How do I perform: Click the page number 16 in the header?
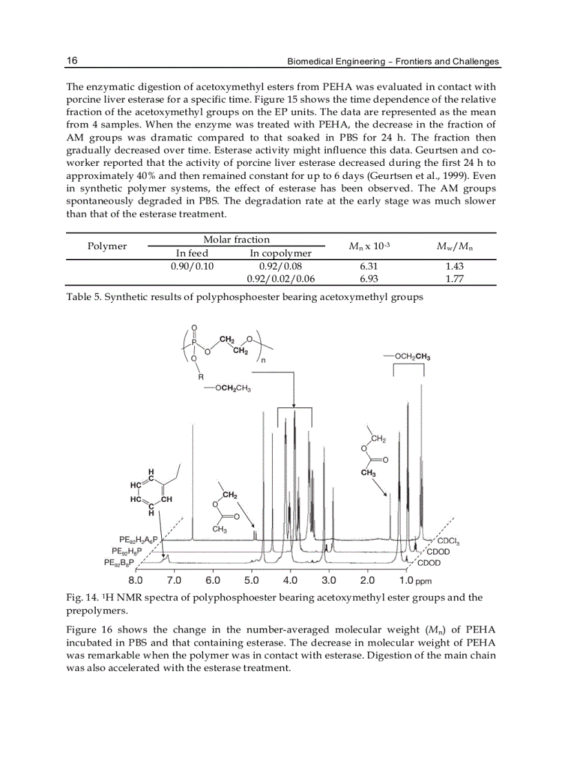coord(72,61)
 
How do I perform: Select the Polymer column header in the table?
coord(107,246)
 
